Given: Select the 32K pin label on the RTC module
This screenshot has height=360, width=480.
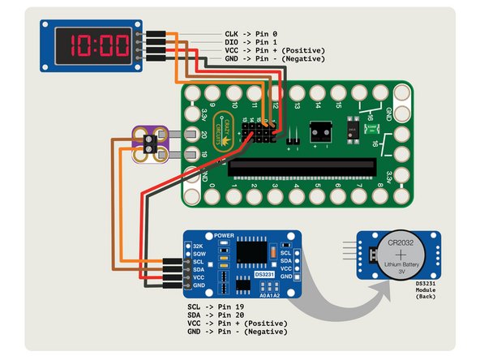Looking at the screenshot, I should (197, 245).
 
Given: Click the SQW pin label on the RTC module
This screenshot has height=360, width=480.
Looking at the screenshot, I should (197, 254).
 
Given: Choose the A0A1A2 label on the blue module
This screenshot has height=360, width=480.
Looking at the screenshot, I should (269, 295).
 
